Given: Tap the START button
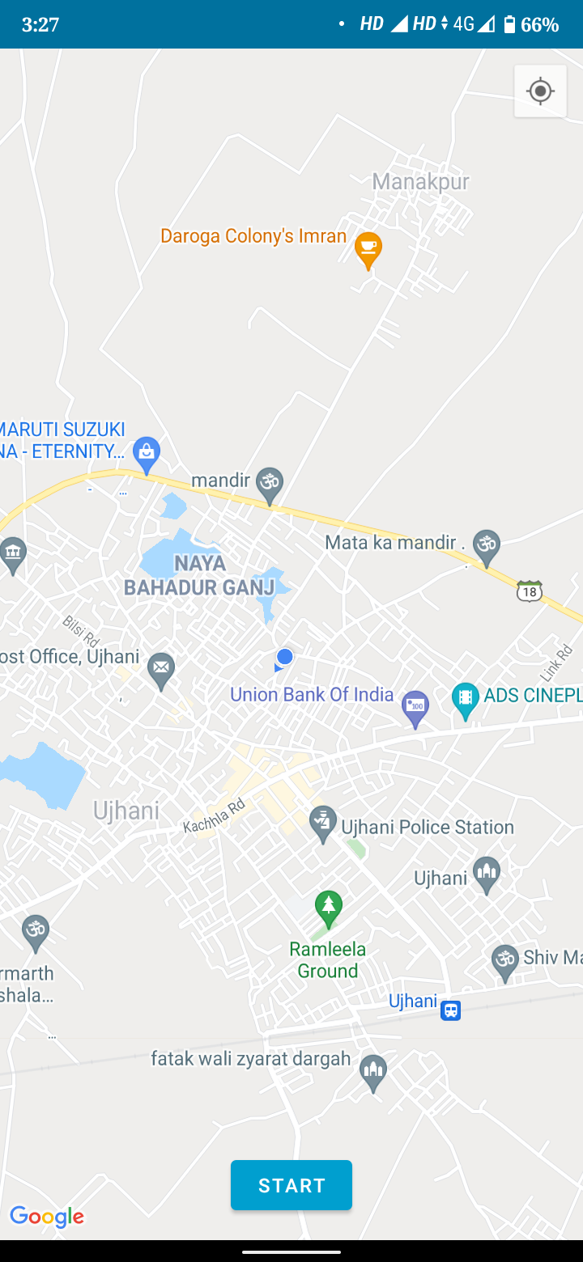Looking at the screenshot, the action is [x=291, y=1185].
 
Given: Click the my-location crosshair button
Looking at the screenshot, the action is [x=540, y=91].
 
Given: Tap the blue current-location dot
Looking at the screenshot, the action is [x=284, y=657].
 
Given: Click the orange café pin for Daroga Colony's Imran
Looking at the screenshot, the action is [x=368, y=249].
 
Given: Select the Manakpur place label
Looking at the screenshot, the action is [x=420, y=181].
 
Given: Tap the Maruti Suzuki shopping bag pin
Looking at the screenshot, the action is [x=147, y=454].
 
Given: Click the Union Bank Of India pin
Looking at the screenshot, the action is [x=415, y=708].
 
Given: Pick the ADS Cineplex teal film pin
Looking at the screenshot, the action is [x=465, y=699].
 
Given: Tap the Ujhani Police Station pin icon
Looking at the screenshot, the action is [x=323, y=824].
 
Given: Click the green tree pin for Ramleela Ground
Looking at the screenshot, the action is [x=328, y=908].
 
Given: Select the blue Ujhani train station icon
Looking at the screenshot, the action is [x=451, y=1010].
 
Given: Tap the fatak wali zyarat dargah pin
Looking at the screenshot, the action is [x=373, y=1071].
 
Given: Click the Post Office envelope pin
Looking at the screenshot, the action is [x=162, y=669].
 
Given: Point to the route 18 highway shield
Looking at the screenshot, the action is [x=529, y=591].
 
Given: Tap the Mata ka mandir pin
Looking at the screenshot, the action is [x=487, y=547].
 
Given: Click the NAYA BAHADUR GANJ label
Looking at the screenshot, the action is [x=199, y=575].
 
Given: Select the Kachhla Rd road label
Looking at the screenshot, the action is [x=214, y=816].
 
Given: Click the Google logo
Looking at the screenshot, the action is [x=47, y=1217].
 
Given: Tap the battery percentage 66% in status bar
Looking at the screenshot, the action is [x=540, y=24].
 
